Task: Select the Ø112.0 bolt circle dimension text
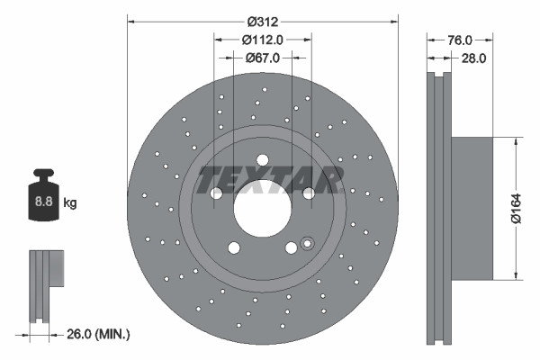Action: [263, 39]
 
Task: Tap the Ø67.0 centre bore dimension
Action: [263, 57]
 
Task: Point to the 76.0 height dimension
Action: [460, 40]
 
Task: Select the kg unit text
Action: [70, 203]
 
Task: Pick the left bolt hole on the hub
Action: [216, 193]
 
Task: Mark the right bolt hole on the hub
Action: [309, 193]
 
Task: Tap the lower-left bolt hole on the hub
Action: [234, 248]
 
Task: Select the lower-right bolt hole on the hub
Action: [291, 248]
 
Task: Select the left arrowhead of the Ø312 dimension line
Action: [130, 19]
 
